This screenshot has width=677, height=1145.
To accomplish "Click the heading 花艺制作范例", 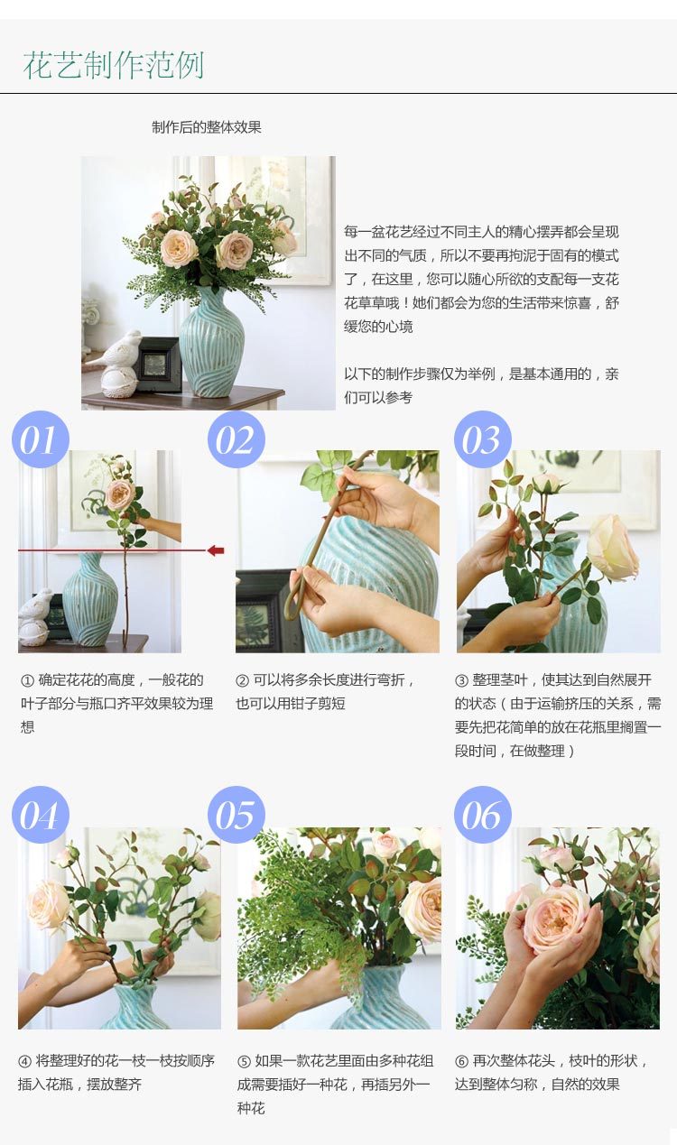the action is pos(114,65).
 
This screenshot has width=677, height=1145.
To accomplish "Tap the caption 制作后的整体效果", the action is pos(207,127).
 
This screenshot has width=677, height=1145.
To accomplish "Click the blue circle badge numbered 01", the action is pos(41,439).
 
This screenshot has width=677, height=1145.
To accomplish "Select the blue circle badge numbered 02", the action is pos(236,439).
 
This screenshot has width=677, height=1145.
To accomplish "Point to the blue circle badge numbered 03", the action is pos(483,439).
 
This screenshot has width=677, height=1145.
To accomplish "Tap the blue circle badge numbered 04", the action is pos(41,814).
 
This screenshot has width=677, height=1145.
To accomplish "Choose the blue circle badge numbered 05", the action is pos(236,814).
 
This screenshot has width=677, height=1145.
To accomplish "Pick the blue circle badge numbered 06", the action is pos(483,814).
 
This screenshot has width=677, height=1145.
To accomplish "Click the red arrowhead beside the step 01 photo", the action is pos(217,550).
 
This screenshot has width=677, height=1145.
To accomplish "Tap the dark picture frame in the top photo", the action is pos(160,364).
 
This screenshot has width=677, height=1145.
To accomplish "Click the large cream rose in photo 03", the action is pos(613,548).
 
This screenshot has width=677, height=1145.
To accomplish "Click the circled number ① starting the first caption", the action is pos(27,681).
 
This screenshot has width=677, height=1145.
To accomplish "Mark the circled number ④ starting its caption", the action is pos(24,1061).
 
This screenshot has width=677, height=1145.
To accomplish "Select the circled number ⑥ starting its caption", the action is pos(461,1061).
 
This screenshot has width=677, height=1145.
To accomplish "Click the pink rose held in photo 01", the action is pos(120,494).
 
